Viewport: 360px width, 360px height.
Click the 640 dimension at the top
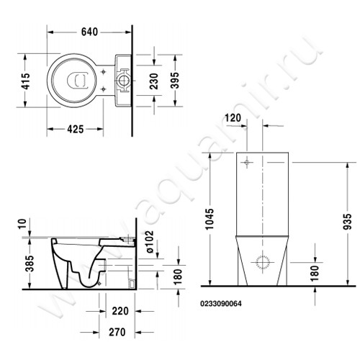(x=89, y=32)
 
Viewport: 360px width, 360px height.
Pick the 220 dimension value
(x=120, y=312)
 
